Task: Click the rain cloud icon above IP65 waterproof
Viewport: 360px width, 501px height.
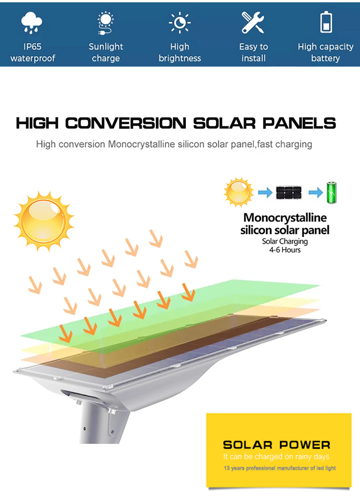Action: (x=31, y=23)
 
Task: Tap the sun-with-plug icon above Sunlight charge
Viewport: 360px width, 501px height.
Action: (x=105, y=23)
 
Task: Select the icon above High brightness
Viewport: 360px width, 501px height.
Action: (x=180, y=23)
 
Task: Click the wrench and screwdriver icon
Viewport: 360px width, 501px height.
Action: (x=252, y=23)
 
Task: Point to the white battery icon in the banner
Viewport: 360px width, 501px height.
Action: (x=326, y=22)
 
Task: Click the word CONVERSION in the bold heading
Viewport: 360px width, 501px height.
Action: (x=126, y=123)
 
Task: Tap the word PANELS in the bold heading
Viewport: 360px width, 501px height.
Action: (x=299, y=123)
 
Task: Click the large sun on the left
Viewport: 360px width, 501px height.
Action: (x=44, y=221)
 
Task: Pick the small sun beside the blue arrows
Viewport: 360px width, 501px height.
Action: (x=238, y=192)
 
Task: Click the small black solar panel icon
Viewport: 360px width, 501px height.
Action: (x=289, y=193)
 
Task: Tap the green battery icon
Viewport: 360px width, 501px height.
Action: (x=331, y=192)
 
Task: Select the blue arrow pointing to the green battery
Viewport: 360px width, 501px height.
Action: (x=315, y=192)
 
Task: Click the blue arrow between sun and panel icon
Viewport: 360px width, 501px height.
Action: (x=265, y=192)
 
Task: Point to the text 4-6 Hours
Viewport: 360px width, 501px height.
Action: (x=285, y=250)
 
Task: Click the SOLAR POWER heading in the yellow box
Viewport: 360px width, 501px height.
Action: (x=277, y=445)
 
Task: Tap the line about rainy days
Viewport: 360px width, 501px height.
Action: (x=276, y=456)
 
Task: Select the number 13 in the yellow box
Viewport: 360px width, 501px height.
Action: (x=226, y=468)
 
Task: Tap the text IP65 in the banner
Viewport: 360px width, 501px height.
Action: (x=32, y=47)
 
